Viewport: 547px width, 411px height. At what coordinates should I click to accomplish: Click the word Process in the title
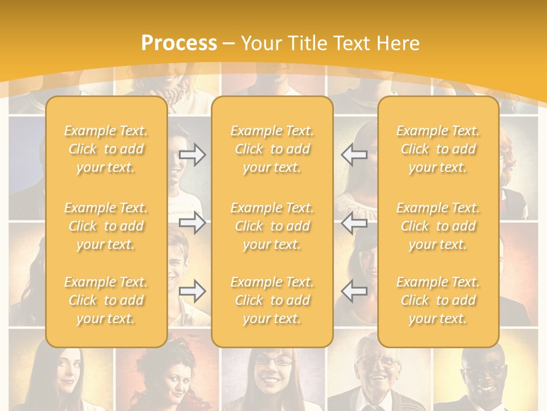coord(179,43)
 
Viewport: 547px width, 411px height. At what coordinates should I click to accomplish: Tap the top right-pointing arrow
coord(193,155)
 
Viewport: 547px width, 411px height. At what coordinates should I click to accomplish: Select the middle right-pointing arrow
coord(193,223)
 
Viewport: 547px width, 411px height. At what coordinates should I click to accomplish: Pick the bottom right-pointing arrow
coord(193,291)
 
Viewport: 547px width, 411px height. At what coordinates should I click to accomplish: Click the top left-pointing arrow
coord(354,155)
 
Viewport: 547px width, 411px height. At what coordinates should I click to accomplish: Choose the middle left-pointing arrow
coord(354,223)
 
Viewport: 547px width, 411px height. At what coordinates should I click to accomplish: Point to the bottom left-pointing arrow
coord(354,291)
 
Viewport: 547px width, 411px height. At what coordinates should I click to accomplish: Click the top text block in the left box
coord(106,149)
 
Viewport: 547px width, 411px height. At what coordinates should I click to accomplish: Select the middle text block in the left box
coord(106,226)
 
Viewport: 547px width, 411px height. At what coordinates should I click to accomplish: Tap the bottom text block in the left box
coord(106,300)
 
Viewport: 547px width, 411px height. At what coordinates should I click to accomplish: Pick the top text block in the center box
coord(272,149)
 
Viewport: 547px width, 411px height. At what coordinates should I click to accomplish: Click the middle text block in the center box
coord(272,226)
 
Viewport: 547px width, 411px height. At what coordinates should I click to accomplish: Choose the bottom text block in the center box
coord(272,300)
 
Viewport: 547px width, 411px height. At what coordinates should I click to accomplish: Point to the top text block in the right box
coord(438,149)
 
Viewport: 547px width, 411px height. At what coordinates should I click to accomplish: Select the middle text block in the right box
coord(438,226)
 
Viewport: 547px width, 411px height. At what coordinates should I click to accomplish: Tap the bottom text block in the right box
coord(438,300)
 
